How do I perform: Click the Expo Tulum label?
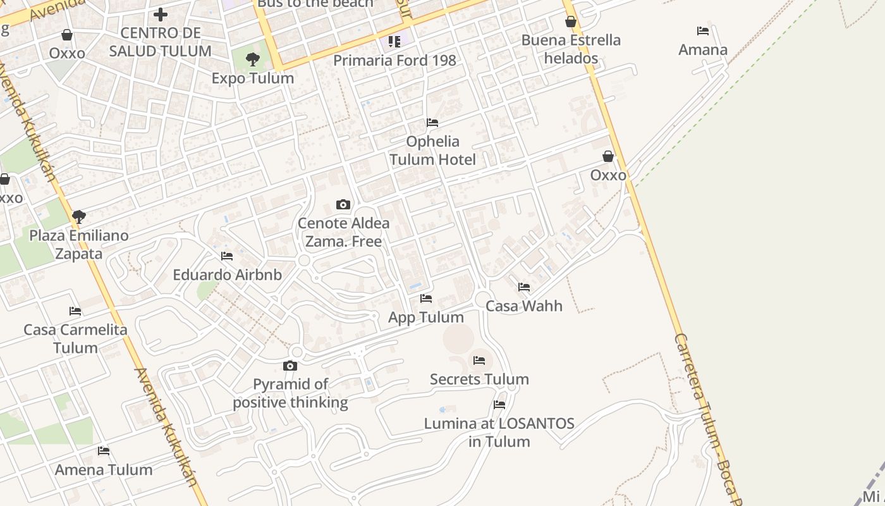[x=253, y=78]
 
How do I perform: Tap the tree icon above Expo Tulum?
[x=253, y=60]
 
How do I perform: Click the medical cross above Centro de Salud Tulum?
[x=161, y=14]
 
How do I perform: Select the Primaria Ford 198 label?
[x=394, y=61]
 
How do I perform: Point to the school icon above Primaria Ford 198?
[x=394, y=42]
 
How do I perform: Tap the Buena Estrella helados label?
[x=571, y=49]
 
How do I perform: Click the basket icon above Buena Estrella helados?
[x=571, y=22]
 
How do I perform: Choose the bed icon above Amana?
[x=703, y=30]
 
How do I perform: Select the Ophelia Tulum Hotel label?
[x=432, y=151]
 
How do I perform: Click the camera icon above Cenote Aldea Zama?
[x=343, y=204]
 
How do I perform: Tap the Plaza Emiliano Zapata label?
[x=79, y=245]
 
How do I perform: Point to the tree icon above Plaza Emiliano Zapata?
[x=79, y=217]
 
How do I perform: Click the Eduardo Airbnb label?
[x=228, y=275]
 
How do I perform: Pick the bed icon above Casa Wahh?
[x=524, y=287]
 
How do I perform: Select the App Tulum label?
[x=426, y=318]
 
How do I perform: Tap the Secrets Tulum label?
[x=479, y=379]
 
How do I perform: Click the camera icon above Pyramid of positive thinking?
[x=290, y=366]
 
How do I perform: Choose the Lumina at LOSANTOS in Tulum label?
[x=499, y=433]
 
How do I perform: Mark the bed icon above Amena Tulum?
[x=104, y=451]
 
